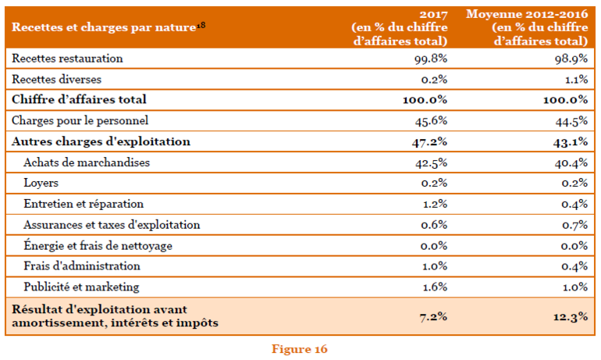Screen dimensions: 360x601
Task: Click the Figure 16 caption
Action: [x=300, y=349]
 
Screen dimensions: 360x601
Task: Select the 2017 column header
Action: [x=399, y=27]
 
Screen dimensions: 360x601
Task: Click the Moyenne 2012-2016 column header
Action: [x=528, y=27]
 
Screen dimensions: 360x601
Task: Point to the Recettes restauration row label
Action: [x=67, y=59]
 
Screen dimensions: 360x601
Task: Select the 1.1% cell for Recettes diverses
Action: [x=574, y=79]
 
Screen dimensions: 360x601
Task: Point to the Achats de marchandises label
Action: [x=86, y=162]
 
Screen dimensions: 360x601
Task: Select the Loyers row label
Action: [x=41, y=184]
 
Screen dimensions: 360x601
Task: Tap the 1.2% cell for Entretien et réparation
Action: [x=435, y=204]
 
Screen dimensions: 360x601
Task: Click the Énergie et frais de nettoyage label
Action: [x=98, y=246]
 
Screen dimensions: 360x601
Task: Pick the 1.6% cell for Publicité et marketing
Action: [x=435, y=287]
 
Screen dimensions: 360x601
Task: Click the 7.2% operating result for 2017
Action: [x=433, y=316]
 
